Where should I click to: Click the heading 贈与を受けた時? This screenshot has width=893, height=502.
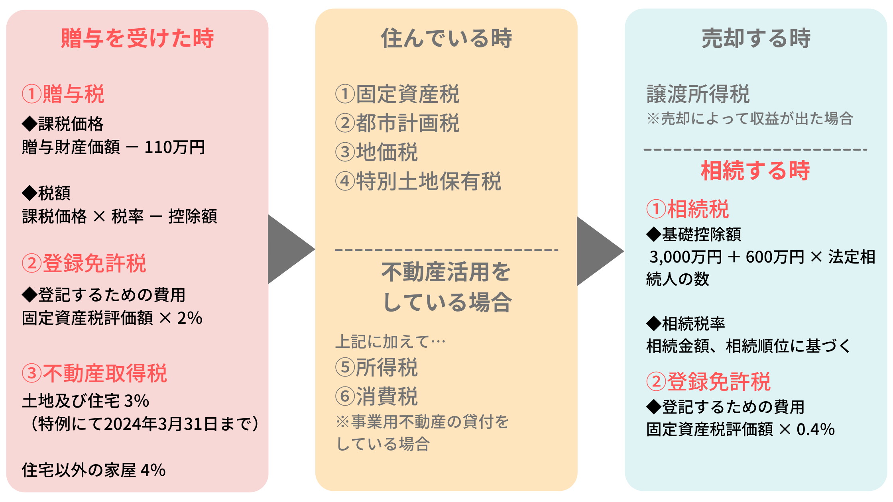pos(137,39)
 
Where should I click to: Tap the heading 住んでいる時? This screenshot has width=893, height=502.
pos(446,39)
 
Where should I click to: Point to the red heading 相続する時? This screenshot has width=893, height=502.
pos(755,171)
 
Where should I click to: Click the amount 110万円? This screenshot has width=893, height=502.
pos(175,147)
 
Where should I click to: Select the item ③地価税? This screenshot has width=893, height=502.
pos(377,152)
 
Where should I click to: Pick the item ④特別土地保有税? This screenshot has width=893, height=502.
pos(418,182)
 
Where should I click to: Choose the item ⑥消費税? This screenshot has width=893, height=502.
pos(377,396)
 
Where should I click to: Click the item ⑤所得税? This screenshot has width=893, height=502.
pos(377,367)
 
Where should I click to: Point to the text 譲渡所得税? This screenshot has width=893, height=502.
pos(698,94)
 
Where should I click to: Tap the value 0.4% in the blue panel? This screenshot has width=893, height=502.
pos(815,429)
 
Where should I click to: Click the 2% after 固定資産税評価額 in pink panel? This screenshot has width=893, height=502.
pos(190,318)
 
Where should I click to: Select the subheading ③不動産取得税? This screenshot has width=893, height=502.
pos(94,374)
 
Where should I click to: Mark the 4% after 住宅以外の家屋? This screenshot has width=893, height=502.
pos(153,470)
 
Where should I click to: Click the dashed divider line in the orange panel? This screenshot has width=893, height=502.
pos(446,250)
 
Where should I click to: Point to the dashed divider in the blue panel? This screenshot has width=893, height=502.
pos(755,150)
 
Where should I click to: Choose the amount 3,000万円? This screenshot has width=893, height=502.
pos(686,257)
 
